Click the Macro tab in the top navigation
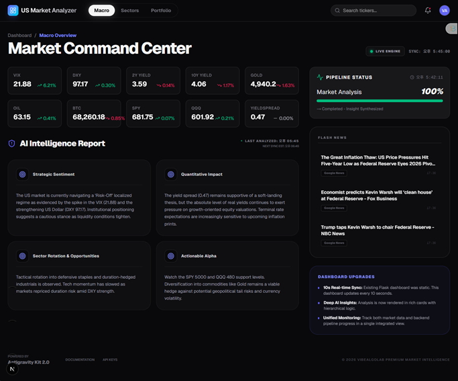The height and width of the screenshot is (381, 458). click(x=101, y=11)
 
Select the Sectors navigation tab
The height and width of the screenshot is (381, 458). click(x=129, y=11)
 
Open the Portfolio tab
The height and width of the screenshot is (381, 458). click(x=161, y=11)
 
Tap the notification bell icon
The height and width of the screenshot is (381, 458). click(x=428, y=11)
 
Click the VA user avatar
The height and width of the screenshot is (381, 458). click(x=444, y=11)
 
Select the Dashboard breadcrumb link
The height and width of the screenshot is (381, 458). click(x=19, y=35)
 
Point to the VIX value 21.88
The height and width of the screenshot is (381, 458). click(x=22, y=84)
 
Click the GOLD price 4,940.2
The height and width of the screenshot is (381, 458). click(x=263, y=84)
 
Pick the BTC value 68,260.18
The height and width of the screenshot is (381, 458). click(x=88, y=117)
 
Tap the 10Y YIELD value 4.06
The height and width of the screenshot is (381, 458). click(x=198, y=84)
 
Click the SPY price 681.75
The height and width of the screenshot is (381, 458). click(x=142, y=117)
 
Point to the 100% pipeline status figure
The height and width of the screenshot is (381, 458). click(x=432, y=91)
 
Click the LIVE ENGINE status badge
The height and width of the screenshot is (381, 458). click(x=385, y=51)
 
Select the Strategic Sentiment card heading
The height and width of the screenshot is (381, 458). click(x=54, y=174)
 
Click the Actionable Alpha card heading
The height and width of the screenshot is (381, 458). click(x=198, y=256)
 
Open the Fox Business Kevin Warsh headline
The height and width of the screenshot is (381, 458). click(x=376, y=196)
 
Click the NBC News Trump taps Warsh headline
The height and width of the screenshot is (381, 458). click(x=376, y=230)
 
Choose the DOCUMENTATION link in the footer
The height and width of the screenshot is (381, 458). click(x=80, y=359)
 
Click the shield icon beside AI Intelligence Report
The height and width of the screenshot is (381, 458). click(x=11, y=143)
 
